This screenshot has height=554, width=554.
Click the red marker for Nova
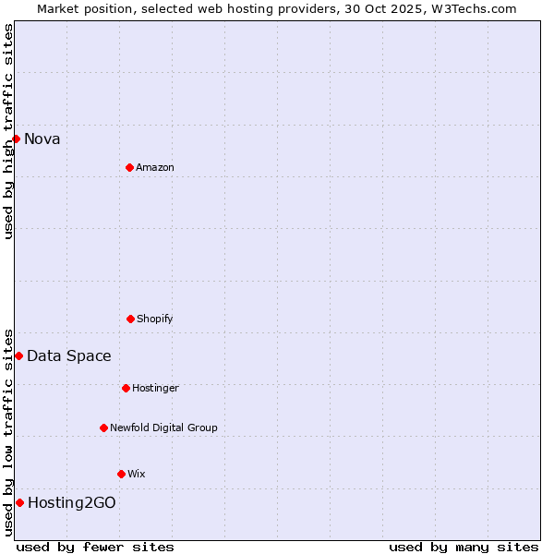(x=16, y=138)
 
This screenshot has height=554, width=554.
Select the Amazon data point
(x=129, y=167)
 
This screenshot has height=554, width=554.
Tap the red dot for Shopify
(x=130, y=319)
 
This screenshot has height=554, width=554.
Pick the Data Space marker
(x=18, y=355)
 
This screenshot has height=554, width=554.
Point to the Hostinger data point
(x=126, y=388)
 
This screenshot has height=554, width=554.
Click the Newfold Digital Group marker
(x=103, y=428)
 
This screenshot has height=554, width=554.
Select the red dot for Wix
(x=121, y=474)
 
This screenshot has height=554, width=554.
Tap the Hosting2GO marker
(x=19, y=502)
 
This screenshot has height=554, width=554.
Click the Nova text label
(x=42, y=139)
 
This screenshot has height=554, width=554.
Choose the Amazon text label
(x=155, y=168)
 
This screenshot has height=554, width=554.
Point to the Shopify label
(x=155, y=319)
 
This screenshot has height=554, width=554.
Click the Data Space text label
(x=69, y=356)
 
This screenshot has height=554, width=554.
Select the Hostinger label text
(x=155, y=389)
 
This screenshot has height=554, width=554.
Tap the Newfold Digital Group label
(x=163, y=428)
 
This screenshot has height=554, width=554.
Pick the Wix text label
(x=137, y=475)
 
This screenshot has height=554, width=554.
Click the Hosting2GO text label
(x=72, y=503)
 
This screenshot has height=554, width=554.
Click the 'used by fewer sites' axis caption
(x=95, y=548)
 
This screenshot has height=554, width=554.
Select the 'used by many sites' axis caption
(x=464, y=548)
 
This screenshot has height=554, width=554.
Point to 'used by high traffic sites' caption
(x=9, y=131)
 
